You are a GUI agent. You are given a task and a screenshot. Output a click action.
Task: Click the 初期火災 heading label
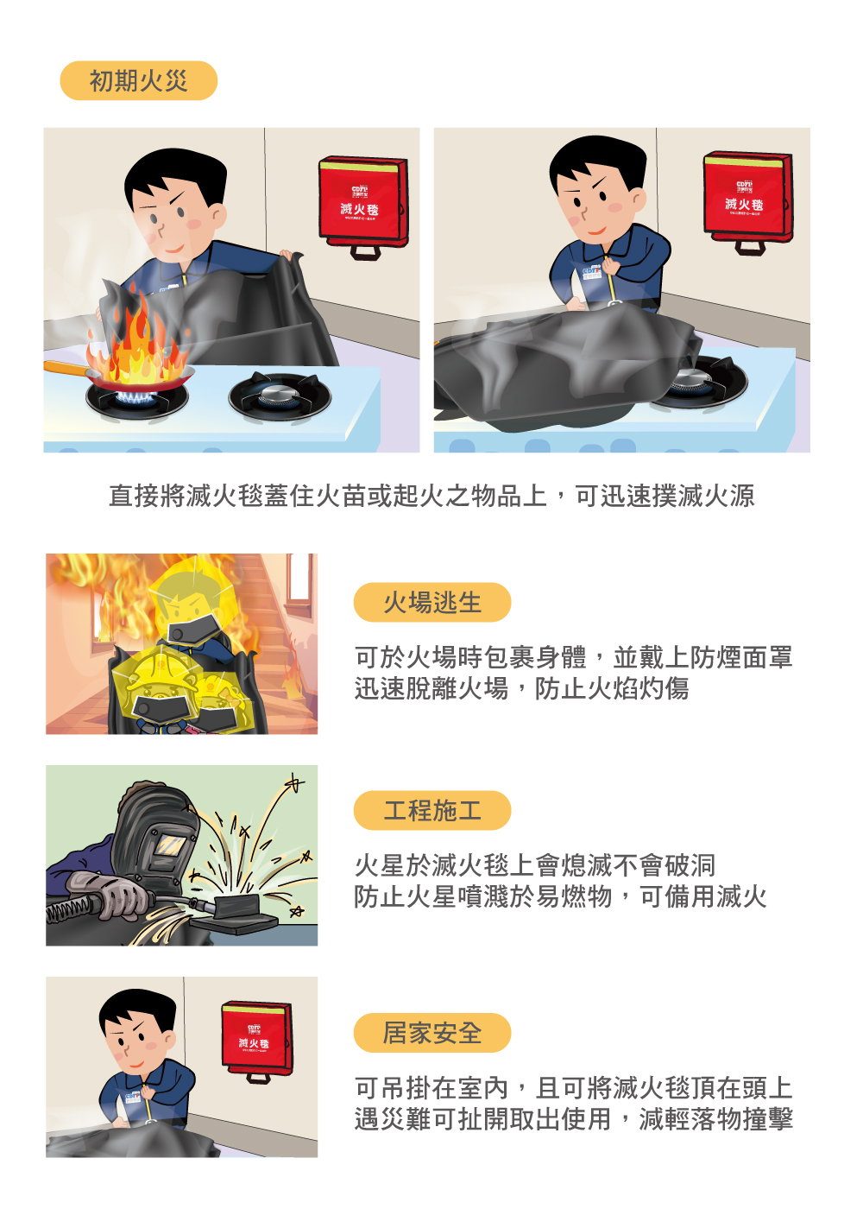pyautogui.click(x=138, y=81)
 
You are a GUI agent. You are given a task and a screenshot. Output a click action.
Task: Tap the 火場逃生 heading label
pyautogui.click(x=431, y=603)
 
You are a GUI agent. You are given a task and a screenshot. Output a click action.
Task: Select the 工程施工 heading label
pyautogui.click(x=431, y=811)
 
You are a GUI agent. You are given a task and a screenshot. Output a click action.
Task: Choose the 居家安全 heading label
pyautogui.click(x=431, y=1033)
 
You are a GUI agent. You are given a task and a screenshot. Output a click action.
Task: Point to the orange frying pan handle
pyautogui.click(x=65, y=370)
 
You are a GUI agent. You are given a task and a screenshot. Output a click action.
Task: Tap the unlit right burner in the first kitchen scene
pyautogui.click(x=279, y=396)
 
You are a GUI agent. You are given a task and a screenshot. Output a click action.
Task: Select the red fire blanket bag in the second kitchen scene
pyautogui.click(x=747, y=197)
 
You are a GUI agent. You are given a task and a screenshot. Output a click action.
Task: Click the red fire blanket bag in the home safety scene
pyautogui.click(x=256, y=1036)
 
